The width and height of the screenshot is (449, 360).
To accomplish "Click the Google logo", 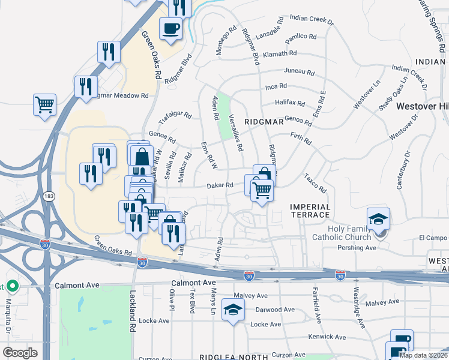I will (x=20, y=353).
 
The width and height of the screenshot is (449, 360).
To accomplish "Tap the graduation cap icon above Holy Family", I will (x=378, y=218).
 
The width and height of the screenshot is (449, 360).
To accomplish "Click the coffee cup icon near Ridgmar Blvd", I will (x=171, y=28).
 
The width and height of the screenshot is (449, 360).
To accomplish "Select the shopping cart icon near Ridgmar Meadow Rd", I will (x=45, y=104).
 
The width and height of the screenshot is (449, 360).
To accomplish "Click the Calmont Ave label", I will (x=193, y=282).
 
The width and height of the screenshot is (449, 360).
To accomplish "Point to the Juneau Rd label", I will (x=300, y=71).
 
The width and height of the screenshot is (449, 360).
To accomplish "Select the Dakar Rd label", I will (x=220, y=186).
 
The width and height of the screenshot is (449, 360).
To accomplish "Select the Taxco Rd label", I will (x=315, y=184).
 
